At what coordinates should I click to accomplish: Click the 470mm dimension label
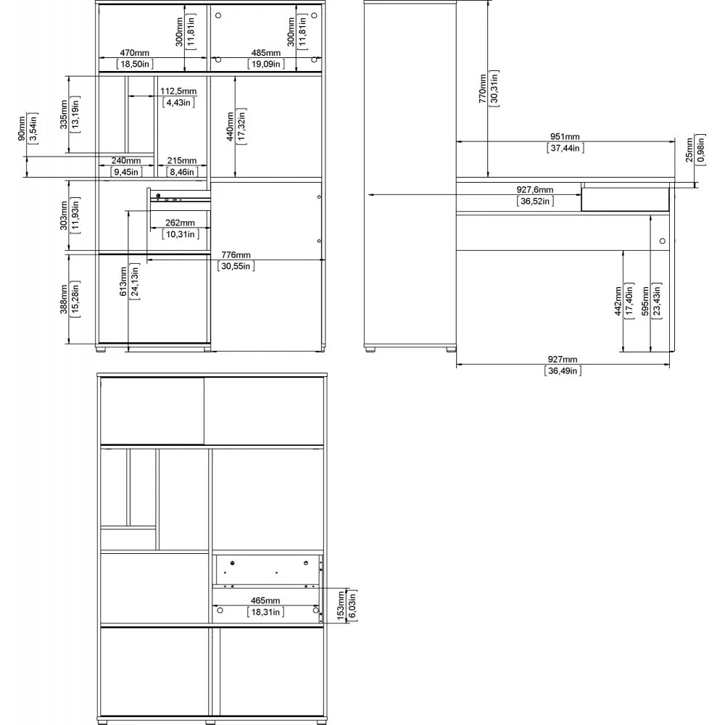[135, 53]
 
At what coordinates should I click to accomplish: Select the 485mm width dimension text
[266, 53]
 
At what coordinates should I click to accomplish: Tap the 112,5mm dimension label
[178, 91]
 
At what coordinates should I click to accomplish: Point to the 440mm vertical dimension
[231, 126]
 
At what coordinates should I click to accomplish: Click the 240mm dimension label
[125, 160]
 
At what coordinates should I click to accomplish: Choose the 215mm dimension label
[182, 160]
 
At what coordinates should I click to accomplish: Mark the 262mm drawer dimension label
[180, 223]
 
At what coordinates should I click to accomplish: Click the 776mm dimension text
[236, 254]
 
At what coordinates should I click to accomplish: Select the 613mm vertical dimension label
[123, 281]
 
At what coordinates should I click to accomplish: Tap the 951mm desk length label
[565, 136]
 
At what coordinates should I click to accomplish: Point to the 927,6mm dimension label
[534, 189]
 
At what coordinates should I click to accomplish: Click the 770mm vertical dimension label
[483, 88]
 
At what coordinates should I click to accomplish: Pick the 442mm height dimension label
[618, 301]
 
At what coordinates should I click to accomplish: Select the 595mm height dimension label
[645, 301]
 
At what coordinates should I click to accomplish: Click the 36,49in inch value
[563, 370]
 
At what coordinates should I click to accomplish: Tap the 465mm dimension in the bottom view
[265, 600]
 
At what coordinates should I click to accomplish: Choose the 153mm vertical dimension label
[341, 605]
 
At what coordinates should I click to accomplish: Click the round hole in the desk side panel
[662, 241]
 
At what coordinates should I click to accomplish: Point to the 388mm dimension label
[64, 299]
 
